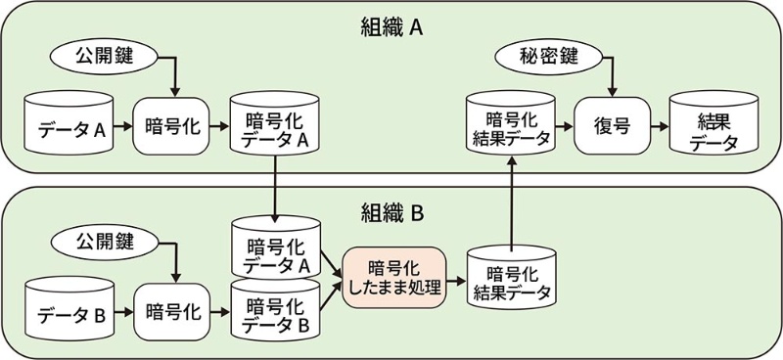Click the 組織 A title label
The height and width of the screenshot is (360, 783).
[x=391, y=26]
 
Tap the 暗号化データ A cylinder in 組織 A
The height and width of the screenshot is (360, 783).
[x=276, y=126]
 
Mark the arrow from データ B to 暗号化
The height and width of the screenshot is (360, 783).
[x=121, y=312]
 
